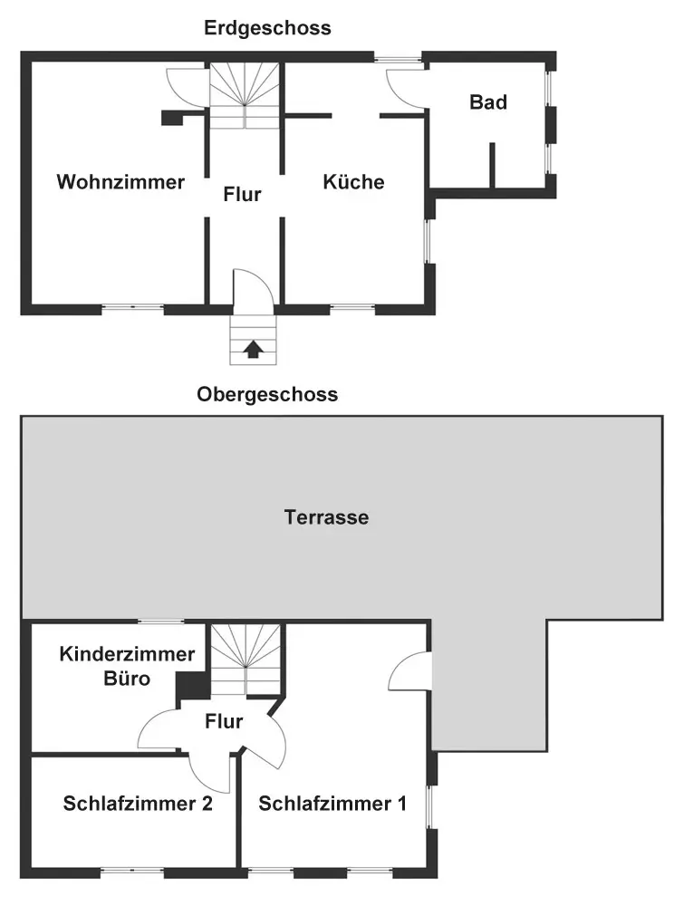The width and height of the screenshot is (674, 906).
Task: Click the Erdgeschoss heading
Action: click(x=267, y=28)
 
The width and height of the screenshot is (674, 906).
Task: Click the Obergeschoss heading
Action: click(x=267, y=394)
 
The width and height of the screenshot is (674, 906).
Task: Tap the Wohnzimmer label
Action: click(x=120, y=182)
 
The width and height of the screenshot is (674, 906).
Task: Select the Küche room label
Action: click(x=353, y=182)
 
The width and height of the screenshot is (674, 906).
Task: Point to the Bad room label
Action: click(x=487, y=102)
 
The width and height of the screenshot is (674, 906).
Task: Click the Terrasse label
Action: click(x=326, y=518)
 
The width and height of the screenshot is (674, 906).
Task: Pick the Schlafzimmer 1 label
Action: click(x=332, y=804)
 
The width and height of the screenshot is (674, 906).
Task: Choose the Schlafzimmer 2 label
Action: click(x=138, y=804)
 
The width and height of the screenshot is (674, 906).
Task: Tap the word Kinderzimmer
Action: click(x=128, y=654)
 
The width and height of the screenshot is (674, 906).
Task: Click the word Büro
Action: click(x=128, y=679)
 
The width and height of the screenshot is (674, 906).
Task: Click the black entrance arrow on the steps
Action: click(x=253, y=348)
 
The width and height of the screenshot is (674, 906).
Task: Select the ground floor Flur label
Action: click(x=243, y=194)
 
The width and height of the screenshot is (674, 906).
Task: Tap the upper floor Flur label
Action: click(x=224, y=722)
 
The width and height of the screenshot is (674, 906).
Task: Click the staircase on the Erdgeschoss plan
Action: click(x=245, y=95)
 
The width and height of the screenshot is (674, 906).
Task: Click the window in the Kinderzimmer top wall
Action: click(x=160, y=622)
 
